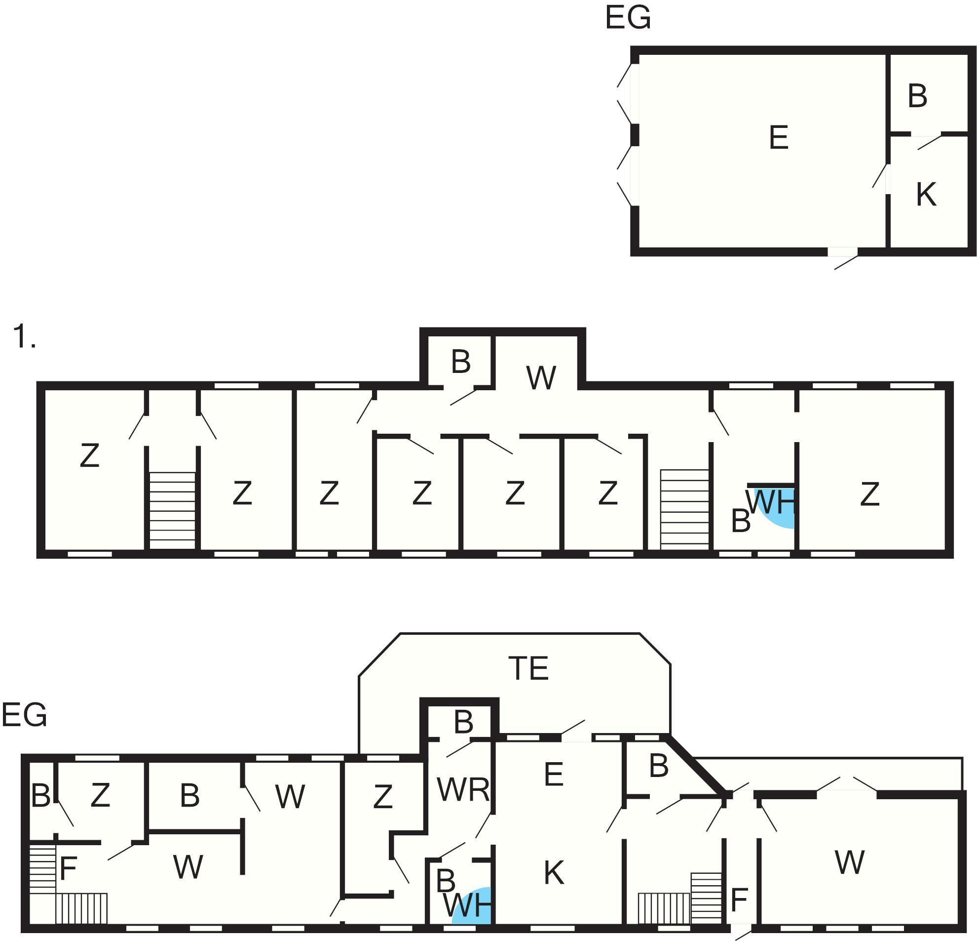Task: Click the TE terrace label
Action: point(528,668)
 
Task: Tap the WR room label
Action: point(463,790)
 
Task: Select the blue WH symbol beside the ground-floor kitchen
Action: point(473,905)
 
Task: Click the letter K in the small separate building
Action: point(926,194)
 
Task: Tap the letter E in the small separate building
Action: point(779,138)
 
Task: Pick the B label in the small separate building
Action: point(917,96)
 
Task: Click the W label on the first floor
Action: point(541,378)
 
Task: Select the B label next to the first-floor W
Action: point(460,362)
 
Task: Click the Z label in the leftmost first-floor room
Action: point(90,455)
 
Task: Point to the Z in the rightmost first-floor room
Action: point(870,494)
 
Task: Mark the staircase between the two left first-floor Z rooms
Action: point(173,510)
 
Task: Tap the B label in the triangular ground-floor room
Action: point(658,766)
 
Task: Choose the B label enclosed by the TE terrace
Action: point(463,722)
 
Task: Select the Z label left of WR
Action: point(383,797)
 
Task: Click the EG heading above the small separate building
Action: point(628,18)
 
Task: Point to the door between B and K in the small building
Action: point(929,142)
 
